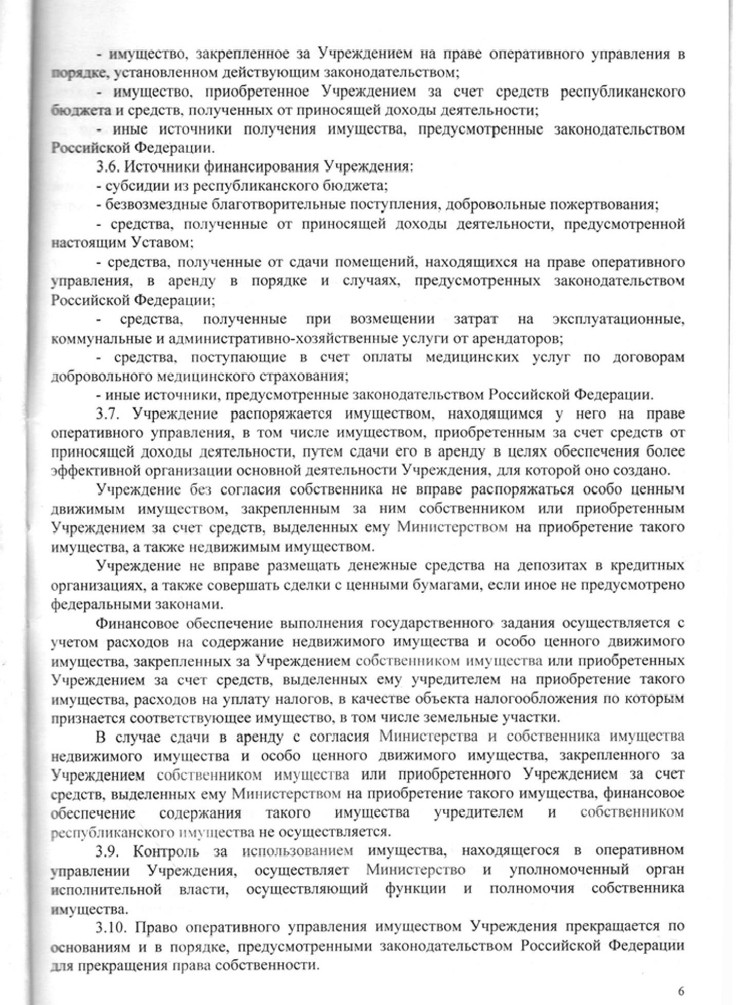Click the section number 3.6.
point(109,167)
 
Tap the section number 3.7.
point(109,414)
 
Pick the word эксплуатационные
point(619,319)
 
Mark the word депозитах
point(557,566)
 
